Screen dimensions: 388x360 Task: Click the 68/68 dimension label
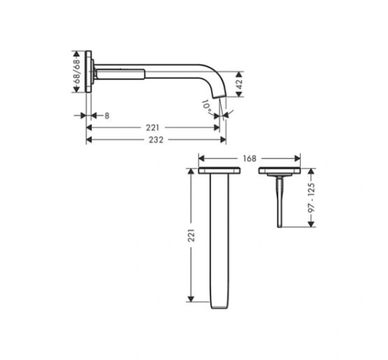click(78, 72)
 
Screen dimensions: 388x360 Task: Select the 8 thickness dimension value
click(107, 116)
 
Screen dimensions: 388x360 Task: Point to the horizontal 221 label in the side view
click(152, 127)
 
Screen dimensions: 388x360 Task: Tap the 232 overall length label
click(156, 140)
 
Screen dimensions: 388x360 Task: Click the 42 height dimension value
click(239, 84)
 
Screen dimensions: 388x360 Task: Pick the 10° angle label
click(207, 107)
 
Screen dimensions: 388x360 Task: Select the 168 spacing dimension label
click(249, 159)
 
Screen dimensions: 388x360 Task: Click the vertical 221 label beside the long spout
click(191, 236)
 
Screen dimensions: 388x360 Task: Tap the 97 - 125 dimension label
click(311, 198)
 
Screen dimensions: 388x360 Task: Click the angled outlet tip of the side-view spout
click(219, 96)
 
